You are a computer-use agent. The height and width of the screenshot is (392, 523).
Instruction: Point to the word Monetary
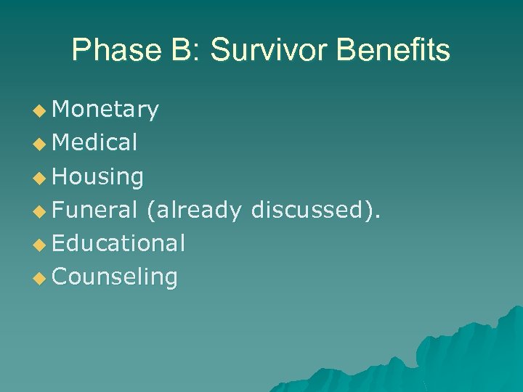[105, 110]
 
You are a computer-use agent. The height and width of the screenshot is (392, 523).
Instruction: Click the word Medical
[94, 143]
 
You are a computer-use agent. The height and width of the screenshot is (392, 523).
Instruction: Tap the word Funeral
[94, 210]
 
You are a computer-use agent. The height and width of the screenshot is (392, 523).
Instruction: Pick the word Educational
[118, 243]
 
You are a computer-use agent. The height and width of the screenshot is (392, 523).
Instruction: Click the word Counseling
[115, 277]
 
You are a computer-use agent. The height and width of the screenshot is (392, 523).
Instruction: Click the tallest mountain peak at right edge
[517, 309]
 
